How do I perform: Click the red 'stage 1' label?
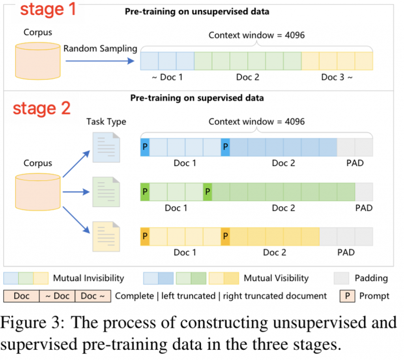[48, 9]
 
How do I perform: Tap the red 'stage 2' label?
[42, 108]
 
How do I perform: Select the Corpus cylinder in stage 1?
[38, 61]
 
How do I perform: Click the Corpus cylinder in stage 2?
[38, 192]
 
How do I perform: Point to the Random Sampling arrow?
[100, 61]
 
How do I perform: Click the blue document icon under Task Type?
[106, 147]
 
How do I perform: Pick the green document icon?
[106, 192]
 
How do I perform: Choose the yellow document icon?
[106, 237]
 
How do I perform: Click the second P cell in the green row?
[208, 192]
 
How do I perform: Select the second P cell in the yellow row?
[225, 237]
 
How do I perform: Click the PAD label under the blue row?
[355, 163]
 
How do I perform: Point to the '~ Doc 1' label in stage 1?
[167, 77]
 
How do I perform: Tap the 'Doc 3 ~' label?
[337, 77]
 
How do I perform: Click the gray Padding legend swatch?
[341, 278]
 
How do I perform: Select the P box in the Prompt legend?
[347, 296]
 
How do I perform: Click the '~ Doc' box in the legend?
[57, 296]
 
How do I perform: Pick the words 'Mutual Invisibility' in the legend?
[88, 278]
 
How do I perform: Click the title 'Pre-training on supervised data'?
[197, 98]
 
